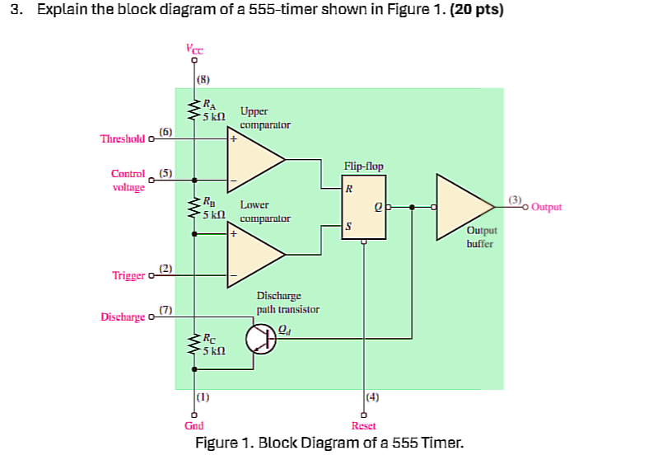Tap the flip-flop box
[364, 209]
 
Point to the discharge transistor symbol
[259, 339]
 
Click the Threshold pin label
[122, 139]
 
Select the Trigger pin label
[128, 275]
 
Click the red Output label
[547, 207]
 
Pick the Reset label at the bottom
[363, 425]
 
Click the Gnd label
[194, 425]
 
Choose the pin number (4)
[372, 397]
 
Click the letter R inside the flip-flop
[349, 188]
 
